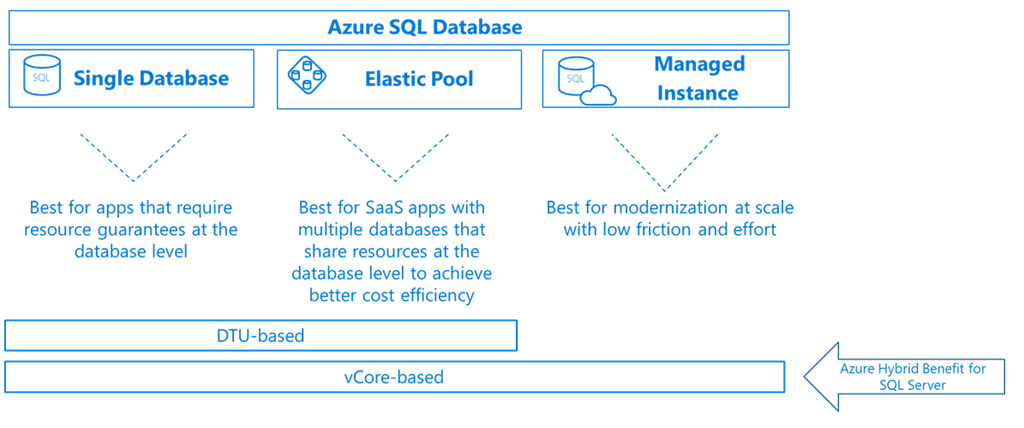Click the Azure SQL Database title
(x=424, y=27)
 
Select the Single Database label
(x=151, y=78)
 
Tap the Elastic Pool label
(x=418, y=78)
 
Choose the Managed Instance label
(x=699, y=78)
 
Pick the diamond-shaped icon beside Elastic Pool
(x=308, y=77)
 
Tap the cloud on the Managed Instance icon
(x=600, y=95)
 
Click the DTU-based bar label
(x=260, y=336)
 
